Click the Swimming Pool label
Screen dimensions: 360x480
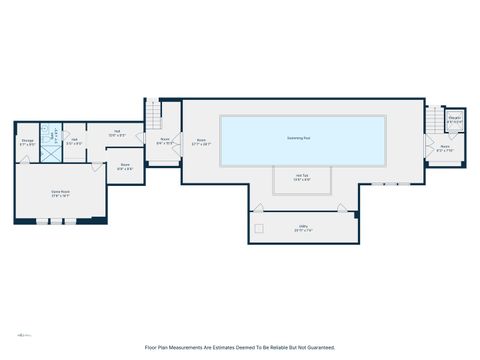pyautogui.click(x=299, y=138)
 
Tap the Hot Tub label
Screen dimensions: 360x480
pyautogui.click(x=303, y=178)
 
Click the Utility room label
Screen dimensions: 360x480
pyautogui.click(x=301, y=229)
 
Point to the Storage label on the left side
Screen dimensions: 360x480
pyautogui.click(x=28, y=142)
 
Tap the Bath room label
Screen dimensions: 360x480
pyautogui.click(x=74, y=141)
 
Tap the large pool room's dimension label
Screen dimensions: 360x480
pyautogui.click(x=202, y=142)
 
